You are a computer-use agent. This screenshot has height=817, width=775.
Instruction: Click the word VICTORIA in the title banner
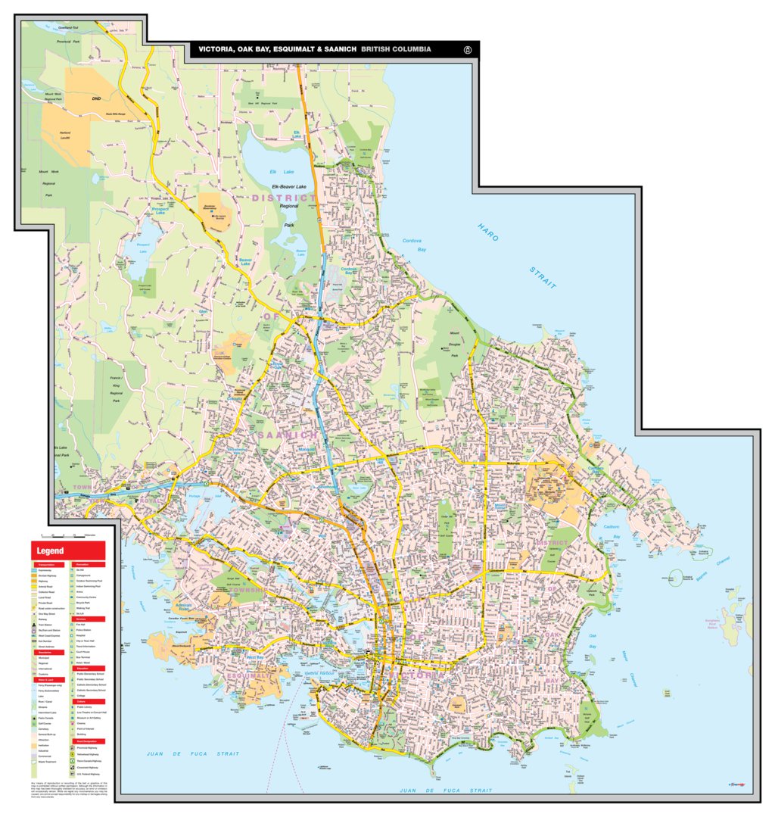coord(217,49)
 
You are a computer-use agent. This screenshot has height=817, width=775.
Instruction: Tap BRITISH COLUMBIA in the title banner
coord(396,49)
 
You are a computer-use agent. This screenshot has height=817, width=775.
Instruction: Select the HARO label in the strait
coord(488,232)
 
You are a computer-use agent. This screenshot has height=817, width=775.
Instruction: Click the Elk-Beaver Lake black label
coord(289,186)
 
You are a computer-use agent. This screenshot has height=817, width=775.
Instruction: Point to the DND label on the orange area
coord(96,98)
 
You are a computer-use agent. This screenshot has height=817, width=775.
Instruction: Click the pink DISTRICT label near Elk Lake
coord(284,198)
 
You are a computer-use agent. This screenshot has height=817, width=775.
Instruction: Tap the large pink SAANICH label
coord(288,435)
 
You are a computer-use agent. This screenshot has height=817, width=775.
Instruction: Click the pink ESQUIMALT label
coord(249,675)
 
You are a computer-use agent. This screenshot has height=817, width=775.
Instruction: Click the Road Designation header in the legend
coord(89,741)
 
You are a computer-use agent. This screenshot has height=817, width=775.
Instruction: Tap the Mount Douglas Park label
coord(455,344)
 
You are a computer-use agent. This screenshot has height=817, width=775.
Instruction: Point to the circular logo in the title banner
coord(468,50)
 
